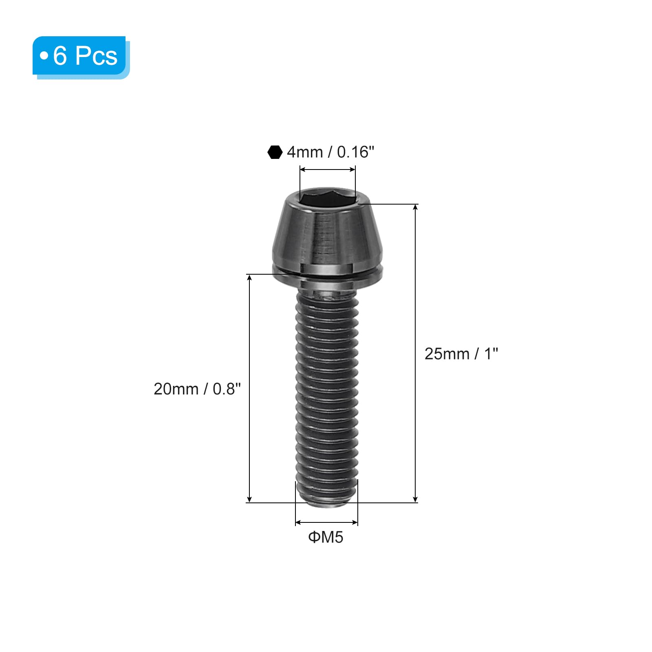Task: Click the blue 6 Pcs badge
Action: [81, 57]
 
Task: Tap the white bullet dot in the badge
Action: [44, 55]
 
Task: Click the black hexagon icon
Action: [275, 152]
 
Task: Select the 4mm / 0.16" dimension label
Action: [330, 152]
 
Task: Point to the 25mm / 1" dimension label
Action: [461, 354]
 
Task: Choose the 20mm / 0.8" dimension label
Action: [197, 389]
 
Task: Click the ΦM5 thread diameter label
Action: [326, 537]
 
